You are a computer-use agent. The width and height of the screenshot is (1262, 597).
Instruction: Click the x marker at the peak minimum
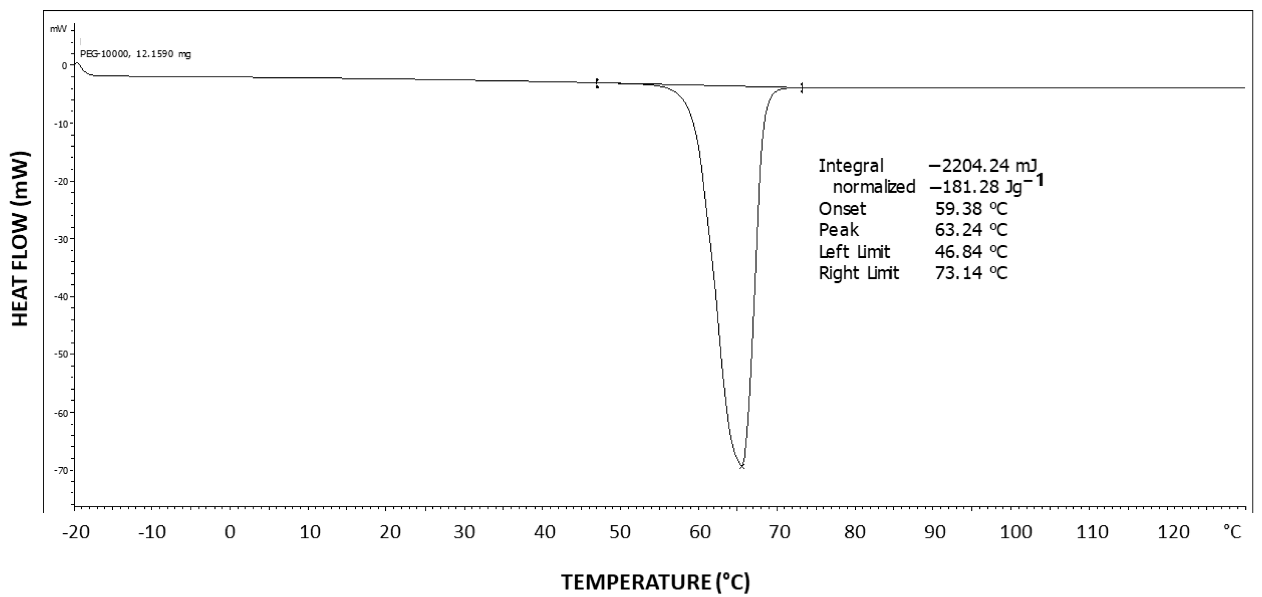(x=742, y=467)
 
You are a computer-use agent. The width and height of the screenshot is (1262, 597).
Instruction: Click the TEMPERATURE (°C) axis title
(x=655, y=582)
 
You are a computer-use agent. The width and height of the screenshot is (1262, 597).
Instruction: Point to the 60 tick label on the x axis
(x=700, y=532)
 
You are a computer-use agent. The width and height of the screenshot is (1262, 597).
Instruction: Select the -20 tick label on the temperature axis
(x=76, y=532)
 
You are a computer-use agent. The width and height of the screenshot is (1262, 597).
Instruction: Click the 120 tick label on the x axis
(x=1173, y=532)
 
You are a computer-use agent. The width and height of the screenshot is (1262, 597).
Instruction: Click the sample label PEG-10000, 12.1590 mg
(x=135, y=55)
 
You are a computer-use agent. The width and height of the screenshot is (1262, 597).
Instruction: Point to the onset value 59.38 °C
(x=971, y=209)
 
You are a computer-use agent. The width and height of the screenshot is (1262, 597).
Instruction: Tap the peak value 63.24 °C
(x=971, y=230)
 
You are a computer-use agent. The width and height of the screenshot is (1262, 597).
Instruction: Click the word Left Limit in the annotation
(x=854, y=252)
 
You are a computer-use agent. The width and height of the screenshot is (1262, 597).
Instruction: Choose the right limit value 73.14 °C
(x=971, y=273)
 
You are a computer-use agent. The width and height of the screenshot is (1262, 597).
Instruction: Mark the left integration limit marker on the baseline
(x=597, y=83)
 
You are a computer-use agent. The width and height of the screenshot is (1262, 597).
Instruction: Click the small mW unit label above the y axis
(x=58, y=30)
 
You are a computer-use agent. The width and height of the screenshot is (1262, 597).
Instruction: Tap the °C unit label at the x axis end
(x=1232, y=531)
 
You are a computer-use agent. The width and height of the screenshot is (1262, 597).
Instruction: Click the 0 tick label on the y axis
(x=64, y=66)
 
